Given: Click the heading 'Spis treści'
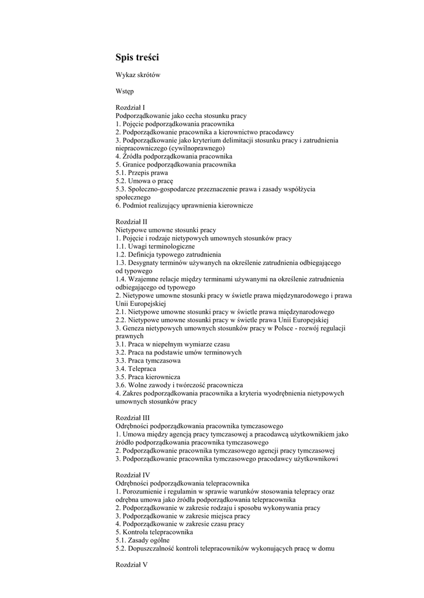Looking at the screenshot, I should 137,57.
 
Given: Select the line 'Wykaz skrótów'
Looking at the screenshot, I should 138,75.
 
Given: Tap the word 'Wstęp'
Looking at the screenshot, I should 125,91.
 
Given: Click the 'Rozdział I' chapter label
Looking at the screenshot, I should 130,107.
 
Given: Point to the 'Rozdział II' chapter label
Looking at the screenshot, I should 132,222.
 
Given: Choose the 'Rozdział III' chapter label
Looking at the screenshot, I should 133,418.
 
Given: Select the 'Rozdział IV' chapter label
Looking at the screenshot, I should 133,475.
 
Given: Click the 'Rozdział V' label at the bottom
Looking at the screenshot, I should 132,565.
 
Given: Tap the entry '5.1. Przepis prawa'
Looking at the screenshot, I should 142,173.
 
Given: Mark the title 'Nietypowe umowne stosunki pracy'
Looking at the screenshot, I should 166,230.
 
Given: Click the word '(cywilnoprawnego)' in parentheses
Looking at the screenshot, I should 194,148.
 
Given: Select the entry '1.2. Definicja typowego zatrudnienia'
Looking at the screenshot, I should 168,255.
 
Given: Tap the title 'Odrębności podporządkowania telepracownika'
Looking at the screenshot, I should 182,483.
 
